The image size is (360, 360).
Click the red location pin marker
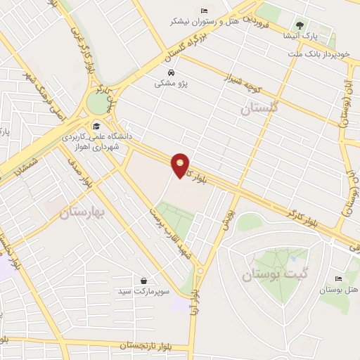tap(181, 165)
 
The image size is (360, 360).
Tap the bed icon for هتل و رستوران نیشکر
tap(204, 11)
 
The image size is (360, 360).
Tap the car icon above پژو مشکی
tap(171, 72)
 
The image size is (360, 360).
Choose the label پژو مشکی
tap(171, 83)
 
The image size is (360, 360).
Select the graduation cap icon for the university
tap(96, 127)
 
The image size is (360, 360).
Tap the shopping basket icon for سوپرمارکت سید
tap(144, 281)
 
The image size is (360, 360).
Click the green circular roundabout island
tap(98, 104)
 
